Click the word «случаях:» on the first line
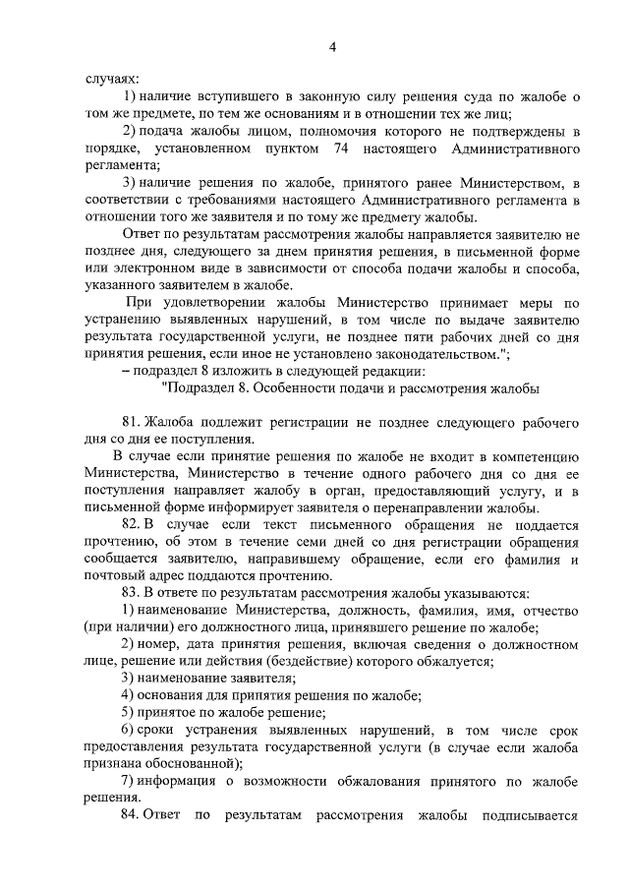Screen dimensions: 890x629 tap(111, 79)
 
